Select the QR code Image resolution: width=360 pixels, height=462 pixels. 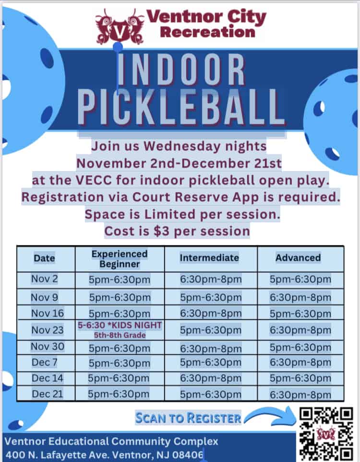coord(326,434)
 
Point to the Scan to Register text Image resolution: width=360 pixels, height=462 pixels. coord(188,417)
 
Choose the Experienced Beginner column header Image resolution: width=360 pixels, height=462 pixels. coord(120,258)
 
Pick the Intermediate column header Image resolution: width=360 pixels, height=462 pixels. coord(209,258)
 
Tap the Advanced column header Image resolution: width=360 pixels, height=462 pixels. coord(298,257)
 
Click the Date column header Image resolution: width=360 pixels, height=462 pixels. coord(45,258)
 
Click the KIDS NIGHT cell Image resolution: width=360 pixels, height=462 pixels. coord(120,329)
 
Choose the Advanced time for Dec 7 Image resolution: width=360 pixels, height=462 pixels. coord(300,362)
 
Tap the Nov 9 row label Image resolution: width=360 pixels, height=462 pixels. coord(45,297)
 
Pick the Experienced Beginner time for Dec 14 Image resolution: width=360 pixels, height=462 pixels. coord(120,378)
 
